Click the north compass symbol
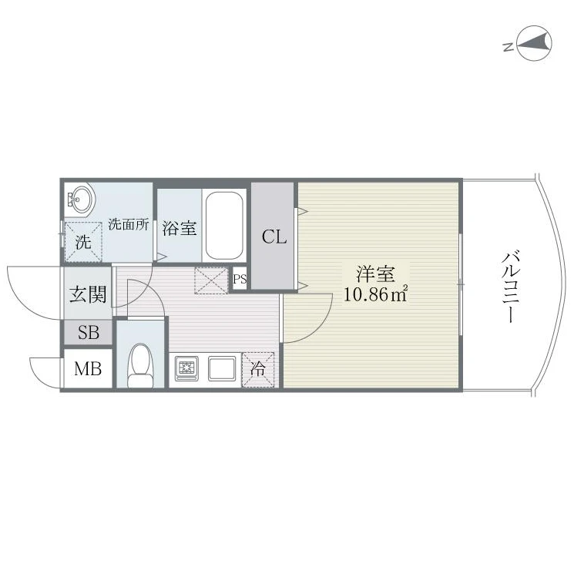[534, 43]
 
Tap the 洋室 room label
[375, 274]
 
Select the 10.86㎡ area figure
[375, 294]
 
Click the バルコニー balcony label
[511, 287]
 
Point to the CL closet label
[274, 237]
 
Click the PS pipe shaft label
[240, 280]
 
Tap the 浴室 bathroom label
[180, 228]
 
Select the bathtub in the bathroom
[224, 226]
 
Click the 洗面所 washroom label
[129, 224]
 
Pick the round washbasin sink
[80, 199]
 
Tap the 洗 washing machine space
[83, 242]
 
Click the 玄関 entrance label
[88, 294]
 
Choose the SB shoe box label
[89, 332]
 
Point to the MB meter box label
[88, 368]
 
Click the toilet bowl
[140, 365]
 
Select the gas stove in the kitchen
[186, 368]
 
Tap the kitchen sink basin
[222, 368]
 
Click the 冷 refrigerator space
[258, 369]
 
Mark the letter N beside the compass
[508, 47]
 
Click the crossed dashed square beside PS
[212, 280]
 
